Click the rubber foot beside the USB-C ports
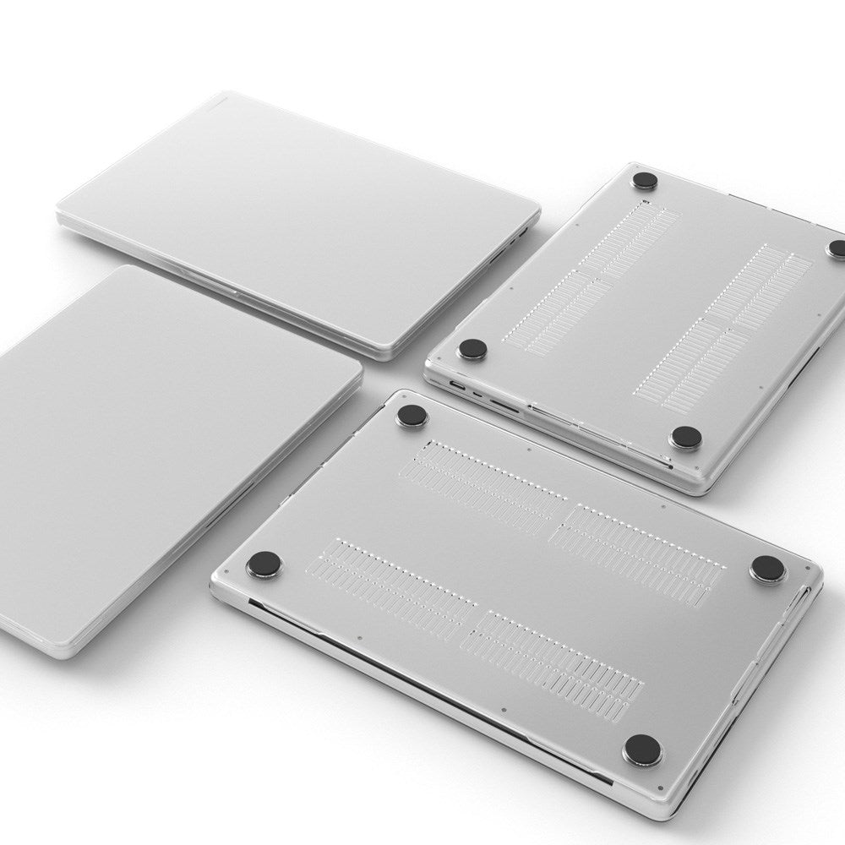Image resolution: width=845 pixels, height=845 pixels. coord(472,349)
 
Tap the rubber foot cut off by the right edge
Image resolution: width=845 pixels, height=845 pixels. coord(837,248)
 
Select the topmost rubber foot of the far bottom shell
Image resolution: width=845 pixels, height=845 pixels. coord(646,180)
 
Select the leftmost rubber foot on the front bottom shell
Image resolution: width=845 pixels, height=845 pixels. coord(264,563)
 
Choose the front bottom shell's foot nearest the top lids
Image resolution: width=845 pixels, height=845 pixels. coord(412,415)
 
